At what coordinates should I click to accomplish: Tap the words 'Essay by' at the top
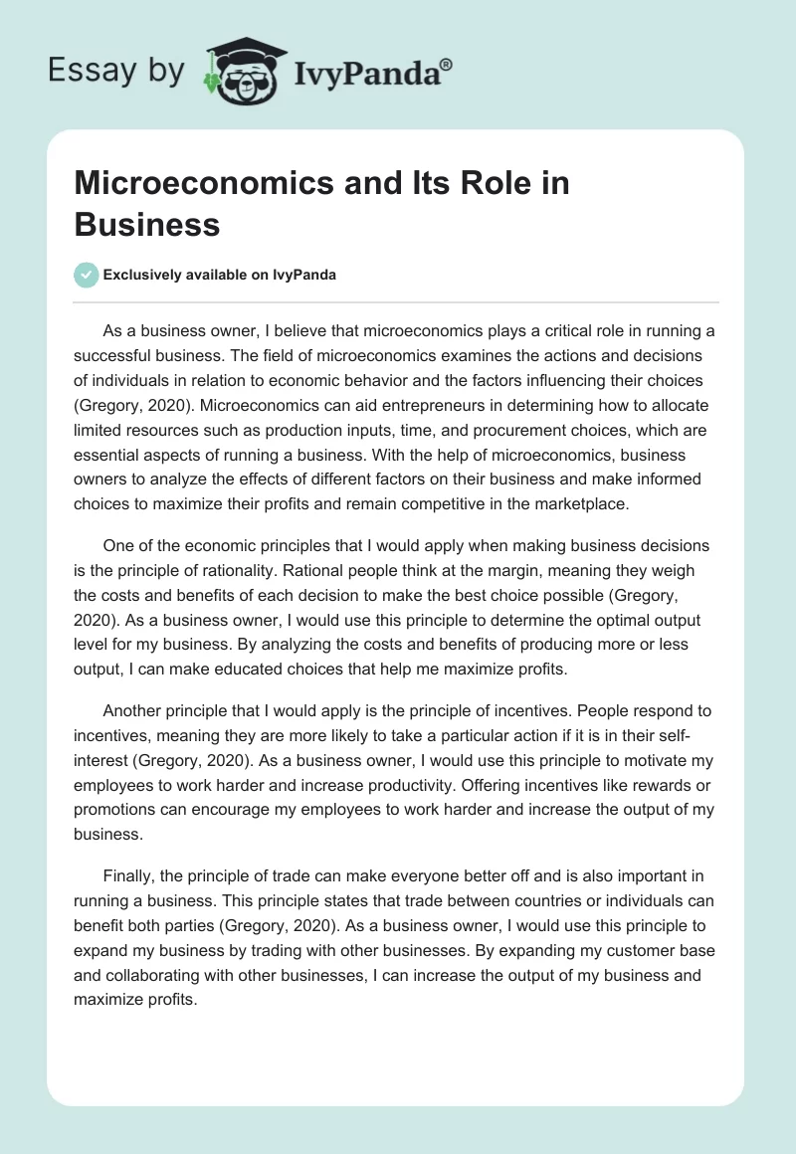(x=116, y=71)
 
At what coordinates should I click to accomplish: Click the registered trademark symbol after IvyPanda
(x=447, y=64)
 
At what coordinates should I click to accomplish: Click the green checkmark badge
(x=86, y=276)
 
